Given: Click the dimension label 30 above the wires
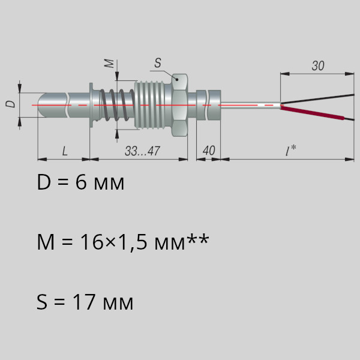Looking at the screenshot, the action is click(x=318, y=65).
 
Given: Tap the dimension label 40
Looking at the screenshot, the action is click(x=209, y=151).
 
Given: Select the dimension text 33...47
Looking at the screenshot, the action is click(x=142, y=151).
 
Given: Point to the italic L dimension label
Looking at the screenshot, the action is click(x=65, y=151).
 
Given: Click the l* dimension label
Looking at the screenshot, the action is click(x=290, y=151).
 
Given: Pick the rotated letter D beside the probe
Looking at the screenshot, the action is click(x=10, y=104).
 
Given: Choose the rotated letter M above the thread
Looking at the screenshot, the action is click(x=109, y=64).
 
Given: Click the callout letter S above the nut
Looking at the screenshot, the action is click(x=158, y=63).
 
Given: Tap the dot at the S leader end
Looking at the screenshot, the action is click(x=177, y=79).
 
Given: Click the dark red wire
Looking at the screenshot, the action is click(x=312, y=113).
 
